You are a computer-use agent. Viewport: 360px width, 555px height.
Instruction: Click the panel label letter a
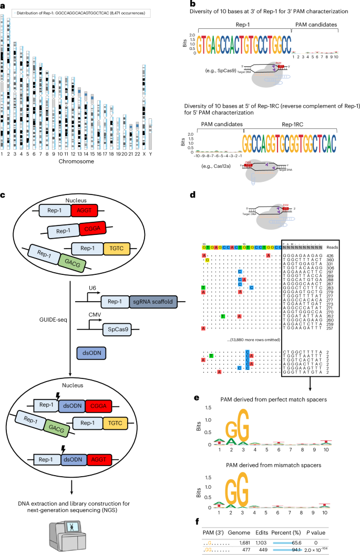(x=3, y=3)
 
